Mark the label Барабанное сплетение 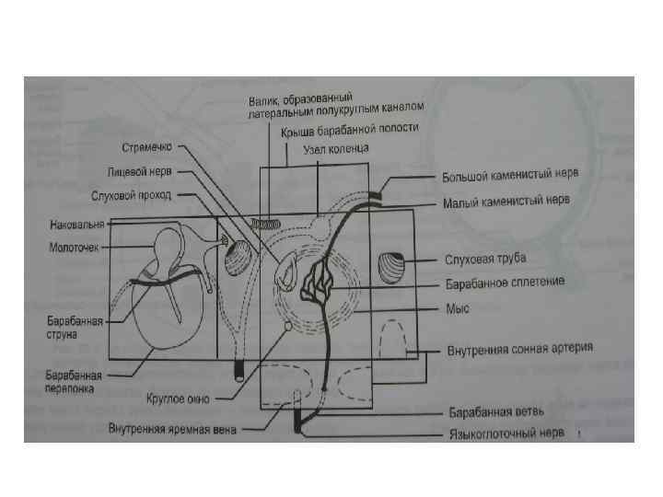point(504,282)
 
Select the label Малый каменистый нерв point(506,201)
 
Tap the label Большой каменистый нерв point(508,175)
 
